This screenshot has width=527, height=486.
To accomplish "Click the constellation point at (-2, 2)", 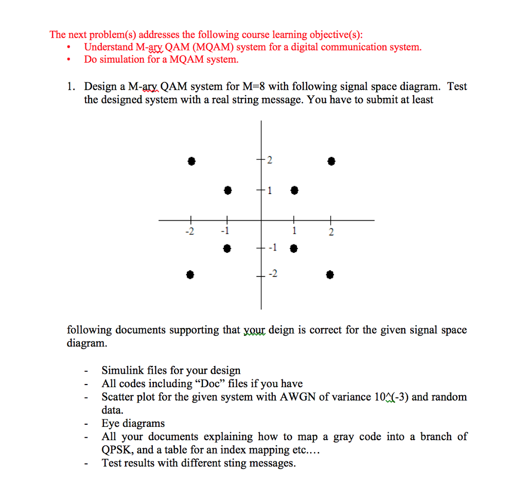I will [x=191, y=161].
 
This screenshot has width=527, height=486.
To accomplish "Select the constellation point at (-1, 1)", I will [x=227, y=190].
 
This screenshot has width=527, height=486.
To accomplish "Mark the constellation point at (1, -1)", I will [x=294, y=249].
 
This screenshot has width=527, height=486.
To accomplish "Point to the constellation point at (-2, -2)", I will [x=190, y=274].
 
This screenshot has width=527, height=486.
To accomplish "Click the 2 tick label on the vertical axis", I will [x=270, y=161].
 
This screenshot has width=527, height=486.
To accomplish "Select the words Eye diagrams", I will [x=133, y=424].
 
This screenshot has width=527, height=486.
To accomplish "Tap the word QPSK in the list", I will [x=117, y=450].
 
